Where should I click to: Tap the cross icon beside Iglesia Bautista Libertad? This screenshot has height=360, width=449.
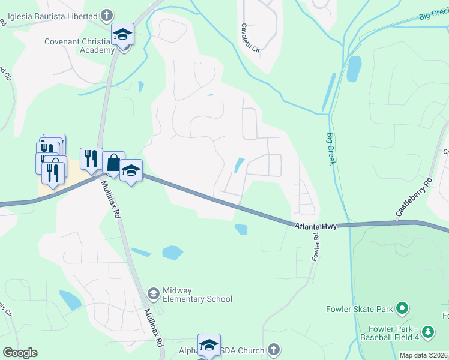[106, 14]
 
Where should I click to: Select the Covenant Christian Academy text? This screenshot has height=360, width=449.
[79, 46]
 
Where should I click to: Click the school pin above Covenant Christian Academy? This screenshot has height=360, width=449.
[122, 35]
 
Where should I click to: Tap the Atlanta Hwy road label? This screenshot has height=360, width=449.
[316, 226]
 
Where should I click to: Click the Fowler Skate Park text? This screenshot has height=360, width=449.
[360, 310]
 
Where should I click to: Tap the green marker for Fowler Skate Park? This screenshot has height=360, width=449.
[402, 310]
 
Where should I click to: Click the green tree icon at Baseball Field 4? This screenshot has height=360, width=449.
[427, 331]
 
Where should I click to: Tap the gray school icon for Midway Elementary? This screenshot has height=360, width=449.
[153, 293]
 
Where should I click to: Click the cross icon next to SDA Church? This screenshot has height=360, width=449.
[273, 349]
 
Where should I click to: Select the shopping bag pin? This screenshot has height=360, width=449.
[113, 162]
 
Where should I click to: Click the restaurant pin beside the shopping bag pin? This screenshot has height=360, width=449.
[91, 158]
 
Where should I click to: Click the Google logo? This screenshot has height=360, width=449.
[20, 353]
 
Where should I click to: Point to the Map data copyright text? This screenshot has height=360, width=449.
[423, 355]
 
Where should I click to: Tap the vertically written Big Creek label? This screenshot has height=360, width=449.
[331, 149]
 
